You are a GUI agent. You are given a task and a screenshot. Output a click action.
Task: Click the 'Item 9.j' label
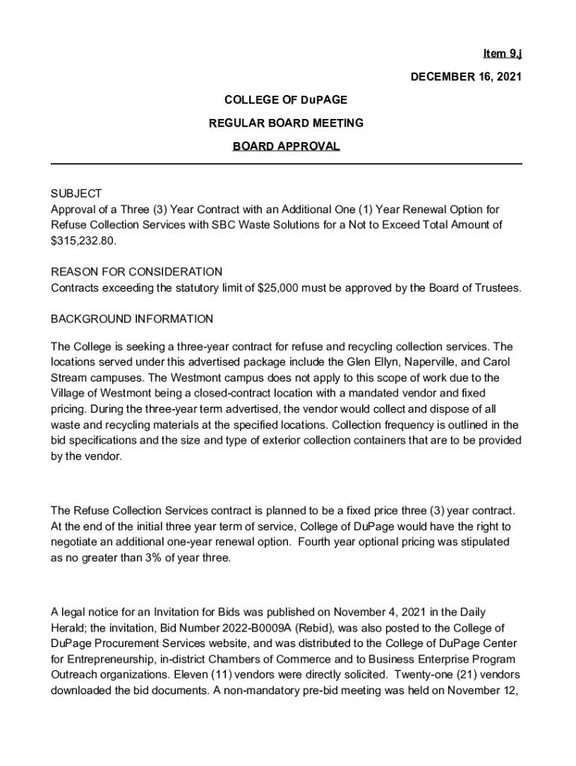click(502, 53)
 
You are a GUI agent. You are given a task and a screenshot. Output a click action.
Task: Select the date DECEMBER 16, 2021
click(465, 76)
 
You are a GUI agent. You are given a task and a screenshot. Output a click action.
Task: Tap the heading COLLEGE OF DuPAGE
click(286, 99)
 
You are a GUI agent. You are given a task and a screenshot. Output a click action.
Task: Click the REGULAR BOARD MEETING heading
click(286, 123)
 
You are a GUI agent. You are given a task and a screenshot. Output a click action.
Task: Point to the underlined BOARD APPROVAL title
click(286, 146)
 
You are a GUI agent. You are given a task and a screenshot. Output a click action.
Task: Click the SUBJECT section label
click(76, 194)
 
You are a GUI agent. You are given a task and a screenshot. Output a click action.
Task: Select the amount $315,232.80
click(84, 242)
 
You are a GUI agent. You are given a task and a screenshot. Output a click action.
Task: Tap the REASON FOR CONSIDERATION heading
click(136, 272)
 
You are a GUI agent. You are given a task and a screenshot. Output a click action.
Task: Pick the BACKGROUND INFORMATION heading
click(132, 319)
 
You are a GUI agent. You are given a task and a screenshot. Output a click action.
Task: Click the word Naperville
click(432, 363)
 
